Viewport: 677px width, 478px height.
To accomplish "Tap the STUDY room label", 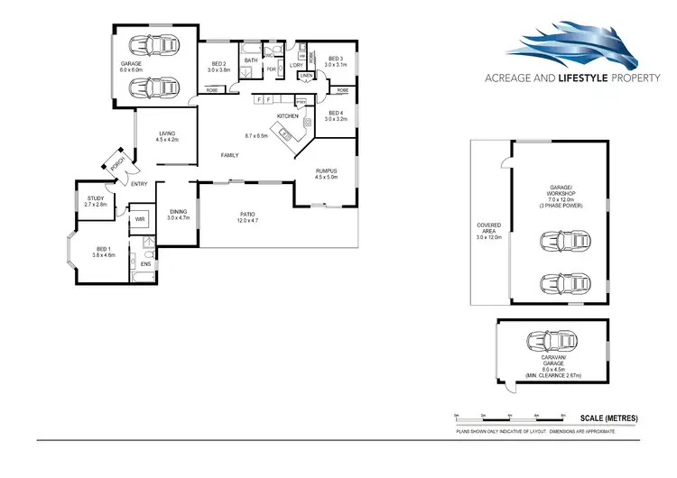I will tap(96, 201).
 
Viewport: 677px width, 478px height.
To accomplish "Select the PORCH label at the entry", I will tap(116, 163).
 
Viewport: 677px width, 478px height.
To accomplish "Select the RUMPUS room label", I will tap(326, 173).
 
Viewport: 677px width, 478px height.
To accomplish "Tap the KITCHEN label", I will tap(287, 117).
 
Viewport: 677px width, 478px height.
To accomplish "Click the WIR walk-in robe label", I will tap(140, 219).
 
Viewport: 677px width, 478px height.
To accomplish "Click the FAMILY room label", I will tap(230, 155).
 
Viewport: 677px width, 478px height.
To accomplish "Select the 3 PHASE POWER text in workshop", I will tap(561, 207).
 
